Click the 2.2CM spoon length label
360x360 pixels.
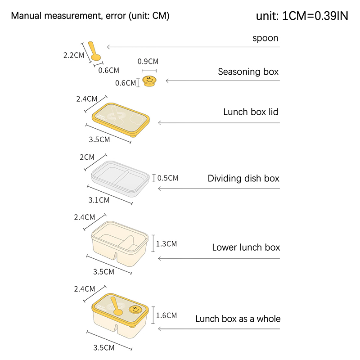[74, 55]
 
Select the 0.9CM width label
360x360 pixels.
[148, 61]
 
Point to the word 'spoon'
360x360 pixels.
[265, 38]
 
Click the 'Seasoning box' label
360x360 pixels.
[248, 72]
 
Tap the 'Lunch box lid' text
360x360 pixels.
[251, 112]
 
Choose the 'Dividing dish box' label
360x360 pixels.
[243, 179]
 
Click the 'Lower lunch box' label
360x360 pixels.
[246, 247]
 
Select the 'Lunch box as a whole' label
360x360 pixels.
[238, 319]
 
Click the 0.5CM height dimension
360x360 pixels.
[168, 178]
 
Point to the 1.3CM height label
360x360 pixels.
[166, 244]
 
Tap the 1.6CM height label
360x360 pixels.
[166, 315]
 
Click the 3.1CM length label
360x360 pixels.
[99, 199]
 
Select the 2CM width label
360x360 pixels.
[87, 157]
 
